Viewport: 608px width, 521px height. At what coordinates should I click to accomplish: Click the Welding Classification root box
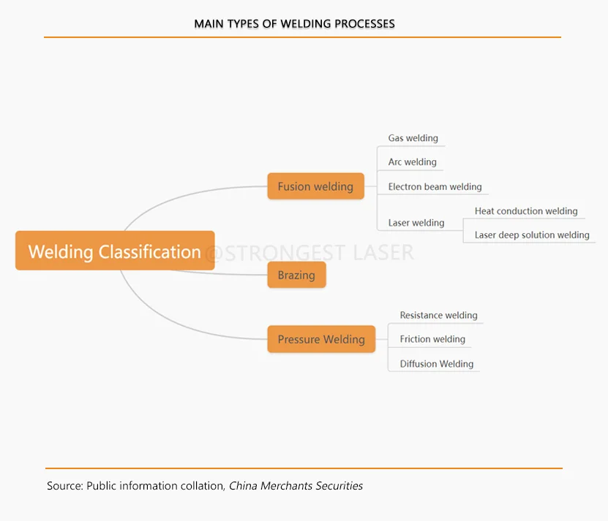point(115,251)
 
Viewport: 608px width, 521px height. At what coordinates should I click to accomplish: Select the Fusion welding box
point(315,186)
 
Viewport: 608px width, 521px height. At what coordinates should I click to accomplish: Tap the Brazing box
point(296,275)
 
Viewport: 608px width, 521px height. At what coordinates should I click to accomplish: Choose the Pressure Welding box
point(321,339)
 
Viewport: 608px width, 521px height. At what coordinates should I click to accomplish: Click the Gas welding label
point(413,138)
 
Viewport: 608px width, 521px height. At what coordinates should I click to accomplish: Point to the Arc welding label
point(412,162)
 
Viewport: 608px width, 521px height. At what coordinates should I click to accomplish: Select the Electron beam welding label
point(435,187)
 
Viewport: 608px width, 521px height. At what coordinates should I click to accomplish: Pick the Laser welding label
point(416,223)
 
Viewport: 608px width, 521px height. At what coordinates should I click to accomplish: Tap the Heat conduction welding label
point(526,211)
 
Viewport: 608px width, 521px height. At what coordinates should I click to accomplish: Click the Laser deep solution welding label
point(532,235)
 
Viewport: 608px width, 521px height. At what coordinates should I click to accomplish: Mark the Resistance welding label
point(438,316)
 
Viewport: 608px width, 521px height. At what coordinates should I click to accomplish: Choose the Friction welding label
point(432,339)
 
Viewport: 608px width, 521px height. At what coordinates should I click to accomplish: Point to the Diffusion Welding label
point(437,364)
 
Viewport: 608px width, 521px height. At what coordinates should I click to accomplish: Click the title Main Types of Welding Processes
point(294,24)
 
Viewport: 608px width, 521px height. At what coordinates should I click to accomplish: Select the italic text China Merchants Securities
point(296,486)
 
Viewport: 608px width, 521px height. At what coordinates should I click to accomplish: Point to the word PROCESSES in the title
point(364,24)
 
